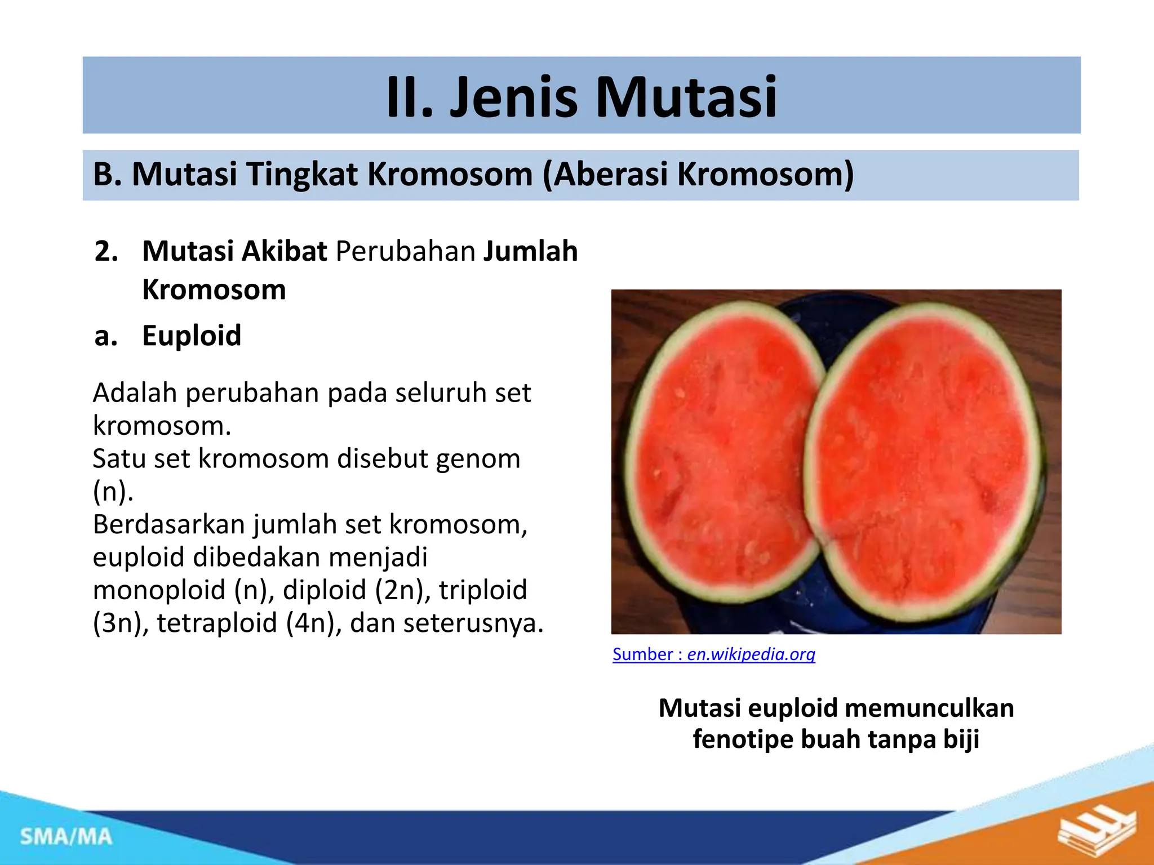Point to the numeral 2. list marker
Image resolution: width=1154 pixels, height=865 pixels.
pos(106,251)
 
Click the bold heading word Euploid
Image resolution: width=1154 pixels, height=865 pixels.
pos(192,336)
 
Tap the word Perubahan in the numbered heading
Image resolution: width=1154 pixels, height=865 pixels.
pos(405,251)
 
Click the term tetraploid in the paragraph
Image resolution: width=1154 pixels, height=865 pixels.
pos(217,623)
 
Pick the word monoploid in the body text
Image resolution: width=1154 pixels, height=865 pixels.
pos(159,590)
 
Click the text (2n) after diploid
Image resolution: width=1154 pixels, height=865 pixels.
pos(399,590)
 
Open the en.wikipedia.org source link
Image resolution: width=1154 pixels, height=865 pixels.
pos(751,654)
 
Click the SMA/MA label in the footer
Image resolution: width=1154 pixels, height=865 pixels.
pos(66,837)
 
